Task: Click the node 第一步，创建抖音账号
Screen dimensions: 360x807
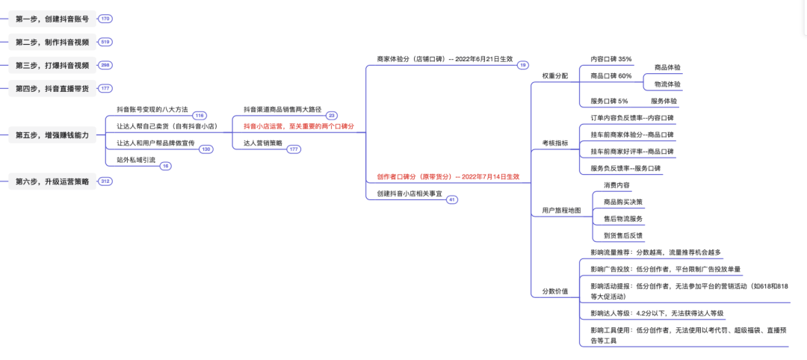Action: coord(52,18)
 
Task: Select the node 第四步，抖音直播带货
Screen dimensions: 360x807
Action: coord(52,88)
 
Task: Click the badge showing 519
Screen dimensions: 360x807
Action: coord(105,42)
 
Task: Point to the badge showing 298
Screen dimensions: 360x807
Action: coord(105,65)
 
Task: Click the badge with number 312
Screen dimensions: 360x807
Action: coord(105,181)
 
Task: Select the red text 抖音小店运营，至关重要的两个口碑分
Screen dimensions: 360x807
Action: coord(298,126)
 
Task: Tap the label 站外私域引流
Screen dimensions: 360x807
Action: coord(136,159)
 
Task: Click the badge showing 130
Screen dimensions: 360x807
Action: coord(205,149)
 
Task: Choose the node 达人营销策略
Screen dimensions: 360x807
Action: coord(263,143)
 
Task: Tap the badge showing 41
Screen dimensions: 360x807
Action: coord(452,200)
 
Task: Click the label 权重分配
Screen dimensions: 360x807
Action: coord(554,75)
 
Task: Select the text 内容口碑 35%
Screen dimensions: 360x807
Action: coord(610,59)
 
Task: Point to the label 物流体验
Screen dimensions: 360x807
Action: coord(667,84)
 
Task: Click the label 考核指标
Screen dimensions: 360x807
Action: coord(554,143)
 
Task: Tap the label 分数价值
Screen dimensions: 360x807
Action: coord(554,291)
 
